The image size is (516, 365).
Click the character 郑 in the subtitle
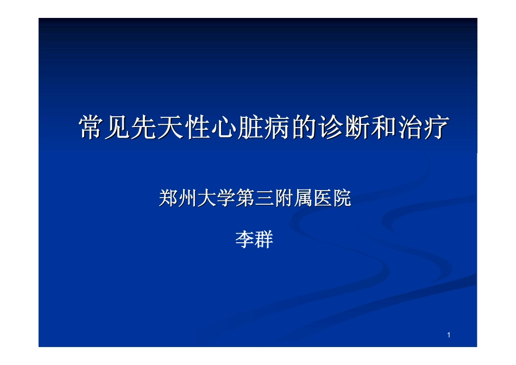click(168, 199)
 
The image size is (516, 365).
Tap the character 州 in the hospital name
click(187, 199)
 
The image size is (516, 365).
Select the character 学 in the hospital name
click(226, 199)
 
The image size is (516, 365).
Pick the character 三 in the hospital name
click(265, 199)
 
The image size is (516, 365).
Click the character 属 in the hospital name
click(303, 199)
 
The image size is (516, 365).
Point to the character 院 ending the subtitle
click(342, 199)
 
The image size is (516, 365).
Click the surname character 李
click(245, 240)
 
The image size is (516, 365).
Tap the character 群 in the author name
click(264, 240)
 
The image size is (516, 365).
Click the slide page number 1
click(449, 335)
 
